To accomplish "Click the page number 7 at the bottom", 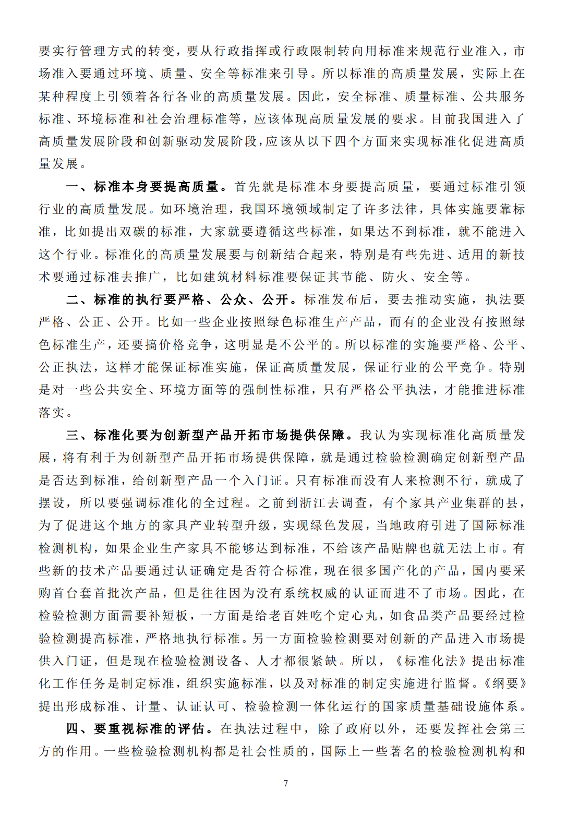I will pos(286,783).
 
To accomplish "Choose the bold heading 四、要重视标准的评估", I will pos(140,728).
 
